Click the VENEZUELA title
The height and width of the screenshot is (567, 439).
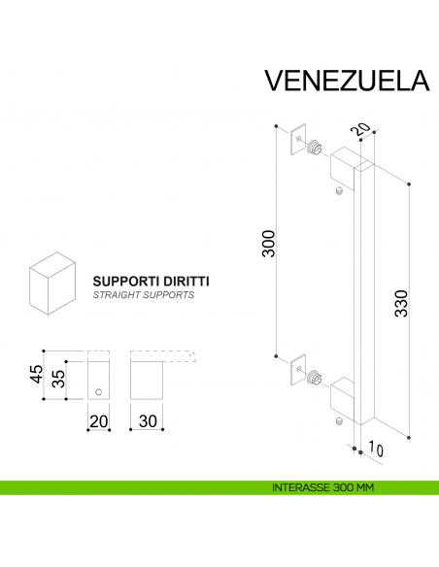pyautogui.click(x=346, y=81)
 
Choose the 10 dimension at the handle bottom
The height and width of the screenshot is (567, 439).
pyautogui.click(x=374, y=449)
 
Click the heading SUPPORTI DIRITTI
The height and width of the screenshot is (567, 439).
pyautogui.click(x=151, y=280)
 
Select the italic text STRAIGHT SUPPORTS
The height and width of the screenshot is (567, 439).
pyautogui.click(x=143, y=293)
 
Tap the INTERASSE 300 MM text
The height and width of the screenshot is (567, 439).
pyautogui.click(x=324, y=487)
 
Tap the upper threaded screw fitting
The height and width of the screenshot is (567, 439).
pyautogui.click(x=316, y=150)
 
